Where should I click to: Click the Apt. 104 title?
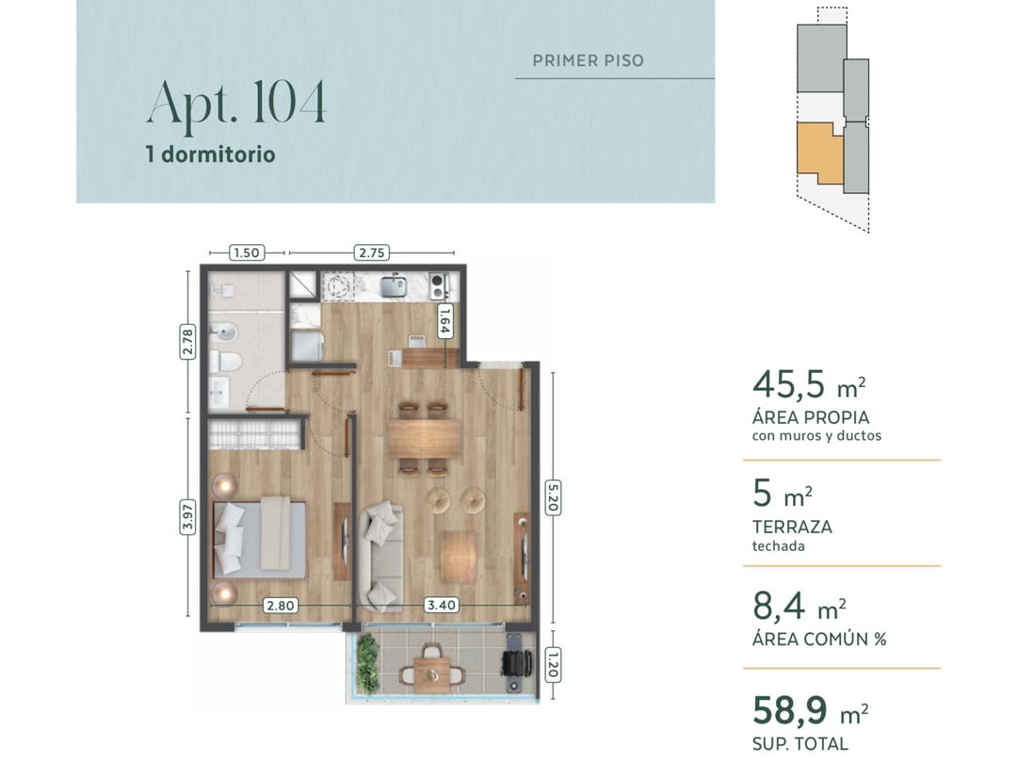(236, 104)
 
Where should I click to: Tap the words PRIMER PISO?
(589, 61)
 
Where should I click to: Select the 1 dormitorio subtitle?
(211, 154)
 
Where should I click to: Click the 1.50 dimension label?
(247, 252)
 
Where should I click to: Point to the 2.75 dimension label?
(372, 252)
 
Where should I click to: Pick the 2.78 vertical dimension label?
(187, 341)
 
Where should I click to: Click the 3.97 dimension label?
(187, 517)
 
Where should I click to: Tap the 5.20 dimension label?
(553, 498)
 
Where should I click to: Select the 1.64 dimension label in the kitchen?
(444, 321)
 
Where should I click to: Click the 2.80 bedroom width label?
(281, 606)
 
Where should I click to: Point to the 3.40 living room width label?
(441, 606)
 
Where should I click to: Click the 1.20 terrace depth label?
(553, 665)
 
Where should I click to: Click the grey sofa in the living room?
(380, 557)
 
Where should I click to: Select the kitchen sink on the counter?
(393, 285)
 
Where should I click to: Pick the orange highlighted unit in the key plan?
(819, 151)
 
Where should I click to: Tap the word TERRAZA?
(792, 527)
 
